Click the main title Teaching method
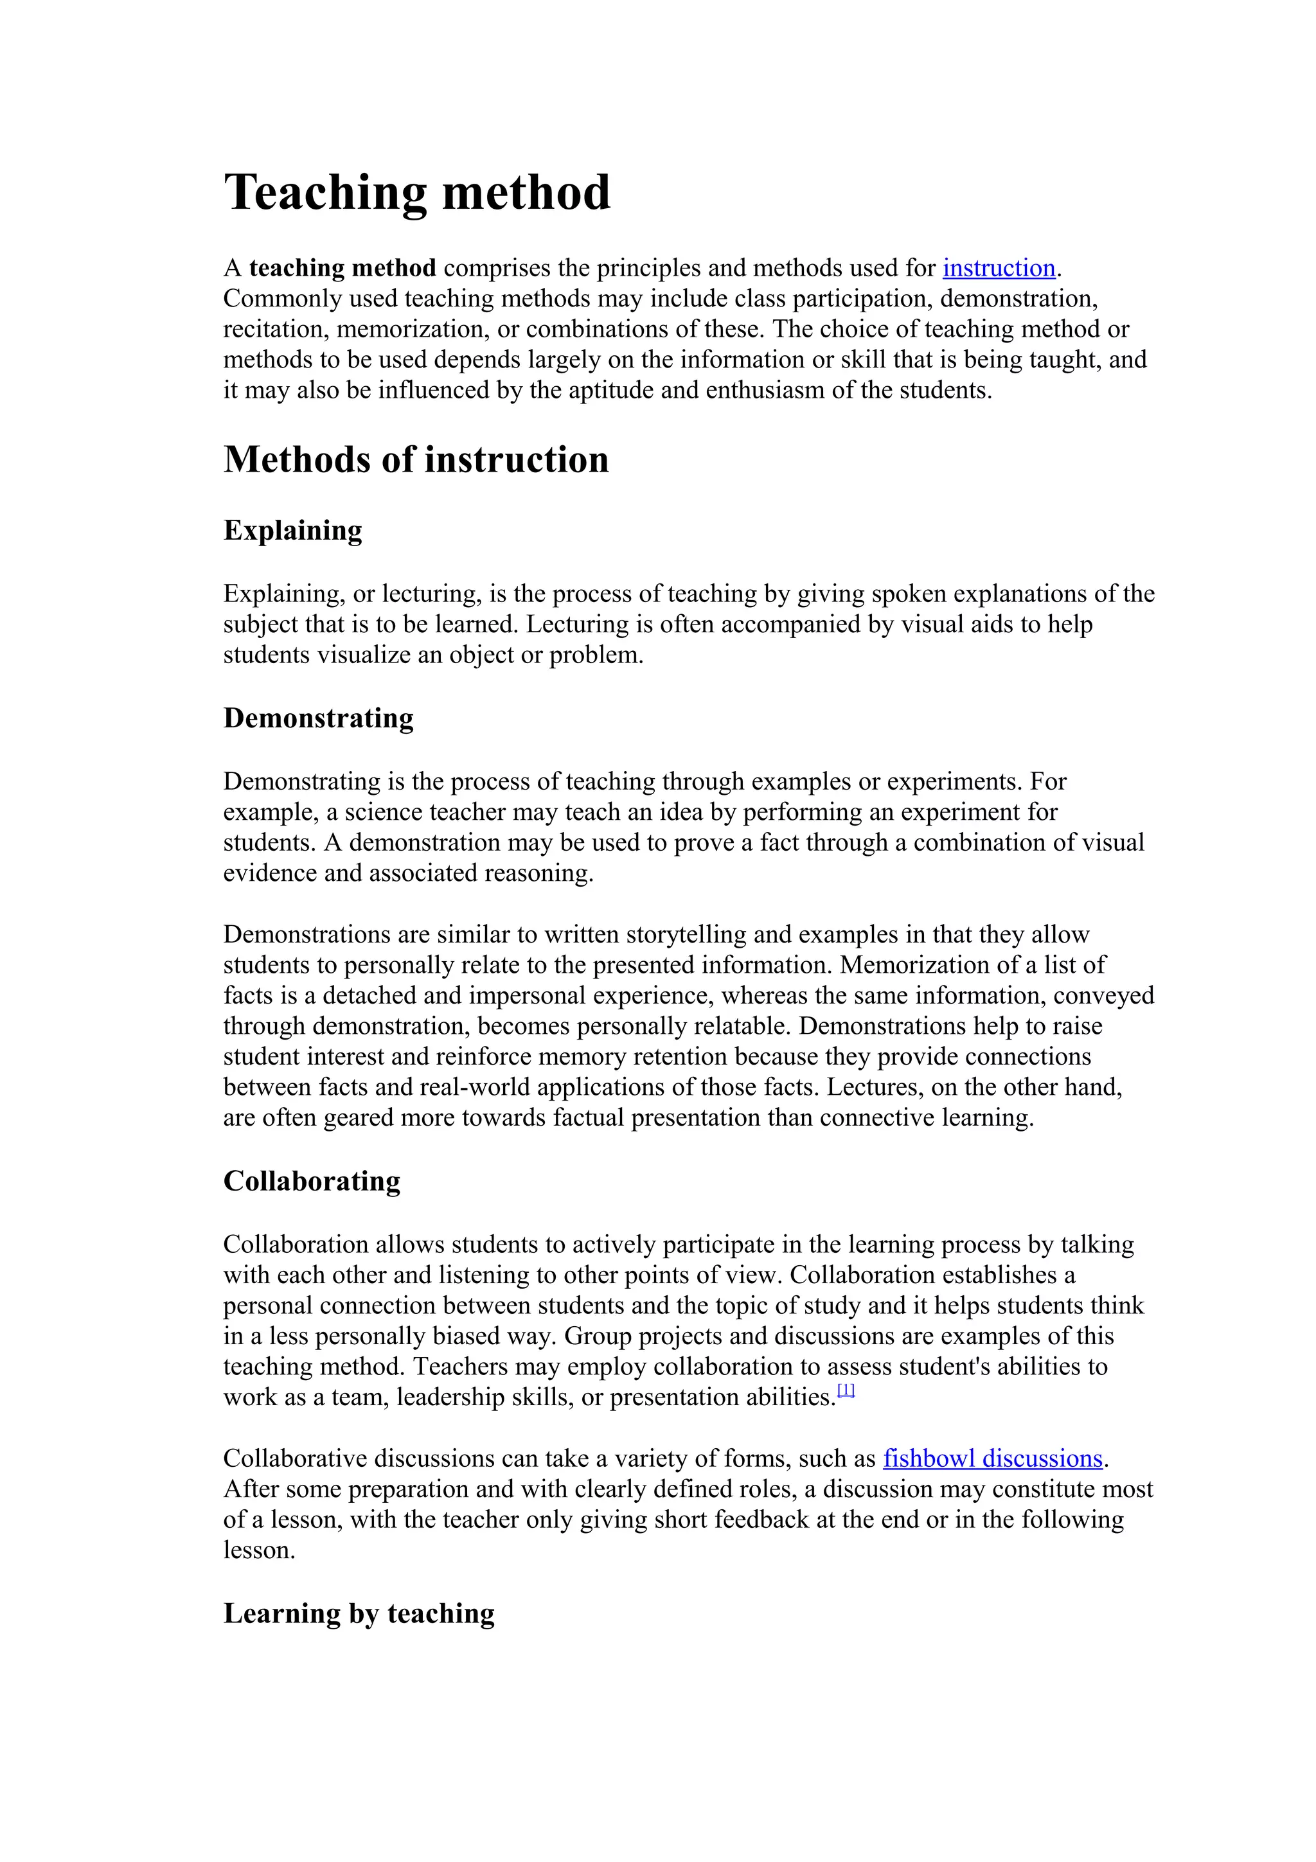(x=417, y=193)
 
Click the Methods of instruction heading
(x=415, y=460)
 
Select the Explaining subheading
(x=293, y=530)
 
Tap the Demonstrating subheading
(x=318, y=718)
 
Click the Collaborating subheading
(x=312, y=1181)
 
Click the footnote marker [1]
(x=846, y=1391)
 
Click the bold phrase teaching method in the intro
(x=342, y=268)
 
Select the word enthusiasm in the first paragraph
(x=765, y=390)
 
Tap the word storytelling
(x=687, y=934)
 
